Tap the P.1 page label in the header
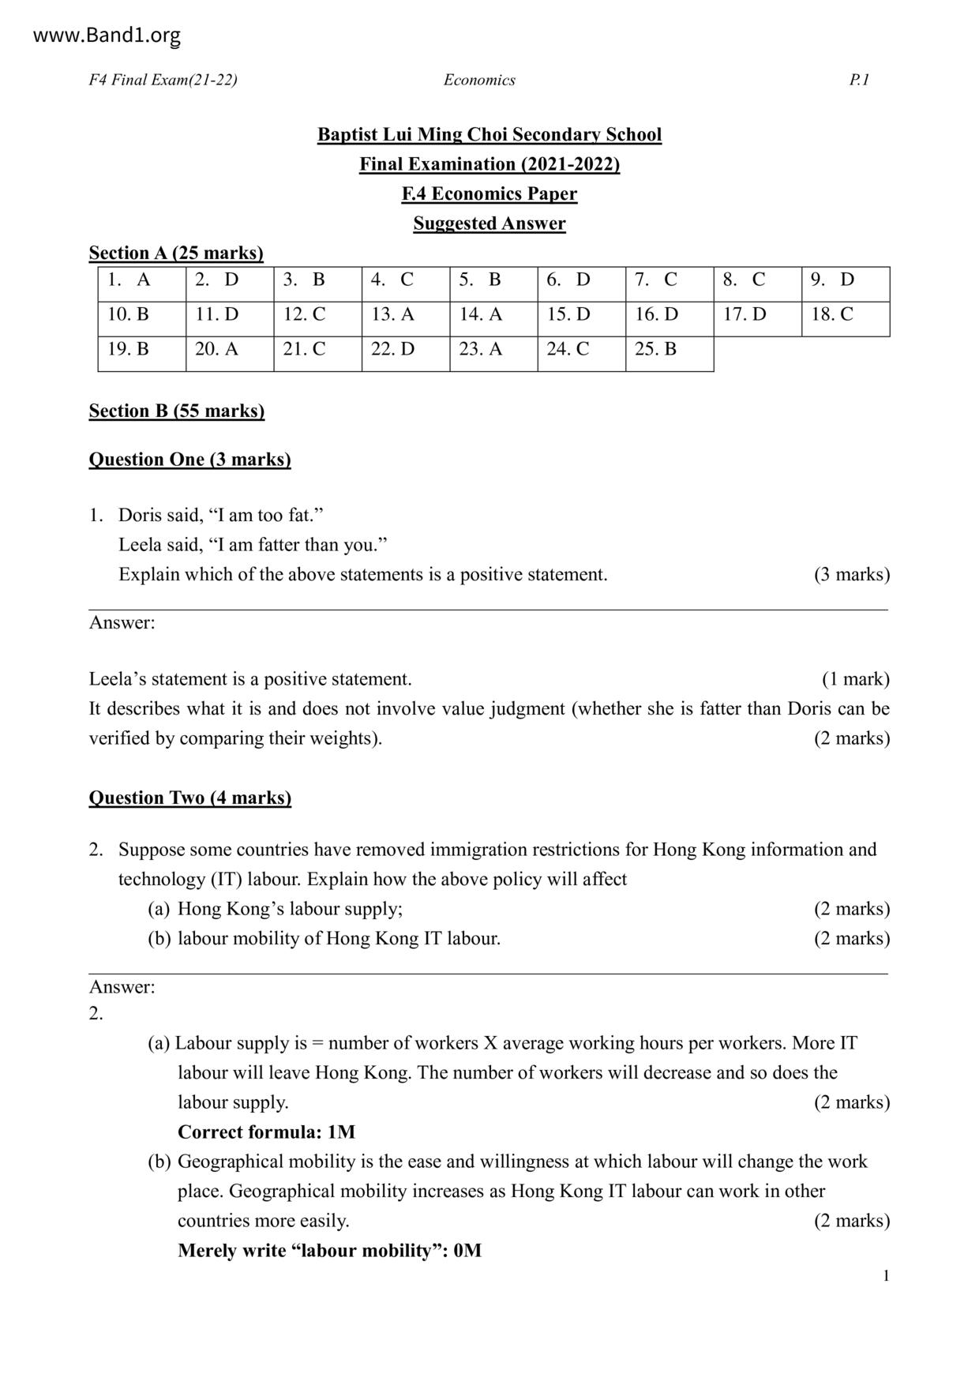pyautogui.click(x=859, y=80)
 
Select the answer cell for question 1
pyautogui.click(x=142, y=280)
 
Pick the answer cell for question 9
pyautogui.click(x=846, y=280)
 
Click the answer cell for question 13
pyautogui.click(x=406, y=315)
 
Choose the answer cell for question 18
pyautogui.click(x=846, y=315)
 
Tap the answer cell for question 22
pyautogui.click(x=406, y=350)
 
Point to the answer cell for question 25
pyautogui.click(x=670, y=350)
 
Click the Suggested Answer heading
pyautogui.click(x=489, y=223)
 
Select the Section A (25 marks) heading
pyautogui.click(x=176, y=253)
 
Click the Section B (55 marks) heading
pyautogui.click(x=177, y=411)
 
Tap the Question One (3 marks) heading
pyautogui.click(x=189, y=460)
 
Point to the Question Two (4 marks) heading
pyautogui.click(x=189, y=798)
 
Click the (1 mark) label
pyautogui.click(x=855, y=679)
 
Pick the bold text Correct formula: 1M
pyautogui.click(x=266, y=1132)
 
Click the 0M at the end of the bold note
pyautogui.click(x=467, y=1251)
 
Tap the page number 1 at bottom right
pyautogui.click(x=886, y=1276)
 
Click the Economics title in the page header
pyautogui.click(x=479, y=80)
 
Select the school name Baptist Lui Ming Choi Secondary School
pyautogui.click(x=489, y=135)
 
